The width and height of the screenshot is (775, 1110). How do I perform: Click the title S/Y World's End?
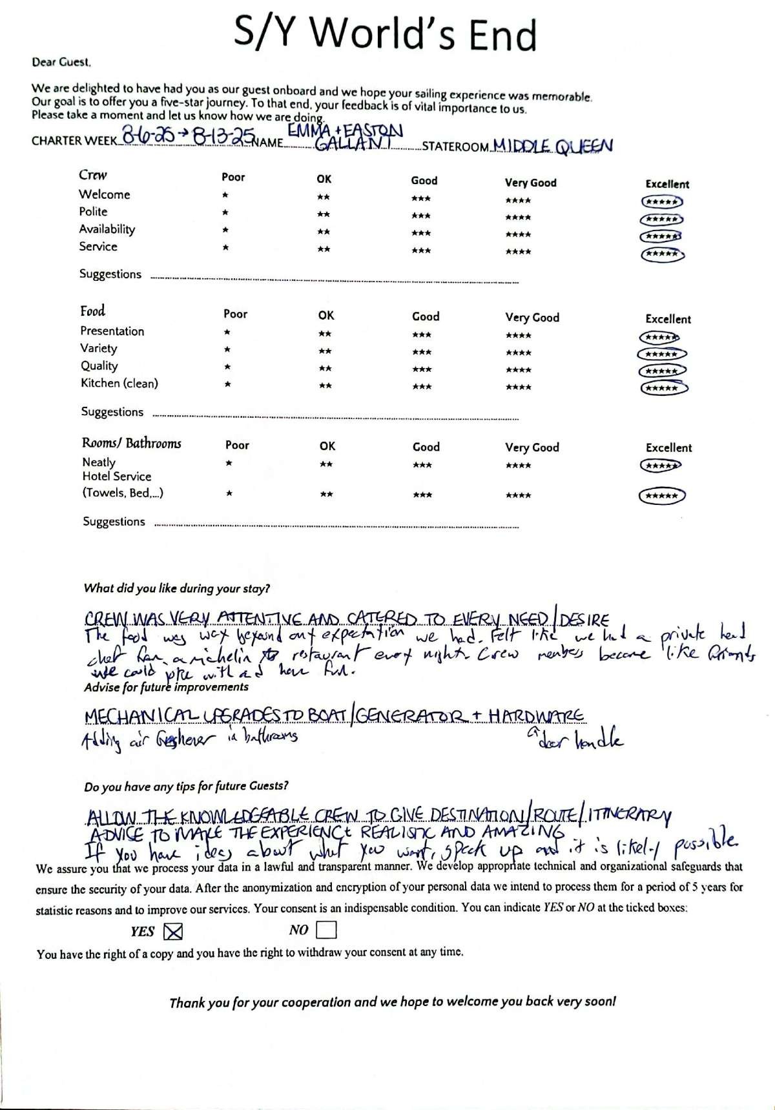386,34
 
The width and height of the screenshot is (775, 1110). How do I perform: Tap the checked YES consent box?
174,931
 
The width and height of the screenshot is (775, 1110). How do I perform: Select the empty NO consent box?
327,930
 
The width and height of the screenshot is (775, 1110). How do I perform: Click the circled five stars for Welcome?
661,202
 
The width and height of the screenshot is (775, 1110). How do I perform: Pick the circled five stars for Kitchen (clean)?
663,388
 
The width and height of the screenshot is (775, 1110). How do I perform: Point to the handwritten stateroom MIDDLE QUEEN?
552,147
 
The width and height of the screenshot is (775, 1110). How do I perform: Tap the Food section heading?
92,311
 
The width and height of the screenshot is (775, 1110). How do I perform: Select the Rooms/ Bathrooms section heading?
131,443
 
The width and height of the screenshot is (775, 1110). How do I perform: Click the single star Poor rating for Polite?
225,212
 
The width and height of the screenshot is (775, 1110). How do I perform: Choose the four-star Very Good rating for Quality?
519,370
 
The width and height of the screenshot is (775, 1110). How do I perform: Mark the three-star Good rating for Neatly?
422,465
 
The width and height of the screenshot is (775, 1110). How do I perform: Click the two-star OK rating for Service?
324,249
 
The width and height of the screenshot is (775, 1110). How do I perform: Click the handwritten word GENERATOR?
408,715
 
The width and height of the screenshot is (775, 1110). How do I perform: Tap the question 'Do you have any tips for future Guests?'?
186,786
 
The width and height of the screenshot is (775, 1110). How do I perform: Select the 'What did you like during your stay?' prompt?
176,588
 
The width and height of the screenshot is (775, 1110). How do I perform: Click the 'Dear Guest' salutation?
61,63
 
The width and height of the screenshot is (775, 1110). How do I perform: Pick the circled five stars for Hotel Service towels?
661,496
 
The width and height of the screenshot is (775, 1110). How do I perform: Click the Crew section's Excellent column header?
667,184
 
